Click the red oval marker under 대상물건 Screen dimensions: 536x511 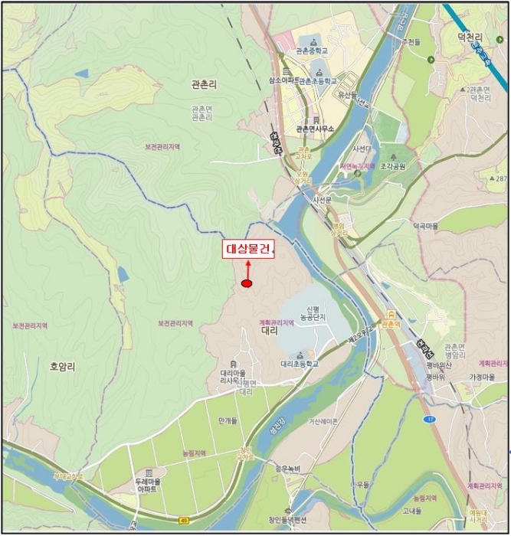click(247, 284)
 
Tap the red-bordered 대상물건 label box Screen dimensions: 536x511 click(248, 249)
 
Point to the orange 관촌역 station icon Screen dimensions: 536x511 click(391, 314)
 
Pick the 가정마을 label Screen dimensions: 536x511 click(485, 377)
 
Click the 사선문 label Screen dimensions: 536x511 click(321, 200)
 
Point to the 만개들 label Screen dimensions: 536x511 click(227, 421)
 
